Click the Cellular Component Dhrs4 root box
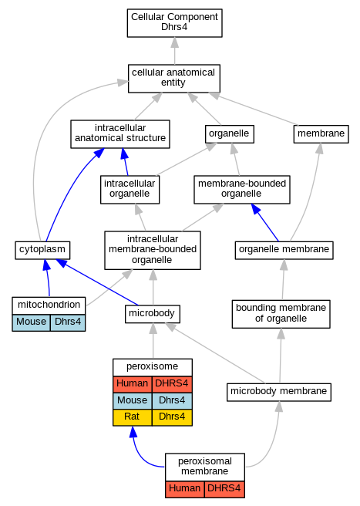[174, 23]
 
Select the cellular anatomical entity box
[174, 79]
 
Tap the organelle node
[230, 134]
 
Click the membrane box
[321, 134]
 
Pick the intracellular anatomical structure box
[120, 134]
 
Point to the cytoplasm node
[42, 250]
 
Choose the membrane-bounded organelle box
[241, 190]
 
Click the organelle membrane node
[284, 250]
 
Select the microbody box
[153, 314]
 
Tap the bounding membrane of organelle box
[281, 314]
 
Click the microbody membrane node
[279, 392]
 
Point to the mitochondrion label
[49, 305]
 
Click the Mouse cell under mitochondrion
[32, 322]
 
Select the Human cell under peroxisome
[133, 384]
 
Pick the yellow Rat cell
[133, 417]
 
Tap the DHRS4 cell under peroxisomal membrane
[224, 489]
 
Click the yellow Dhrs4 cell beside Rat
[172, 417]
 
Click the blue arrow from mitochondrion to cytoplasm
[48, 278]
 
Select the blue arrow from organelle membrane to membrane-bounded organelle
[265, 222]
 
